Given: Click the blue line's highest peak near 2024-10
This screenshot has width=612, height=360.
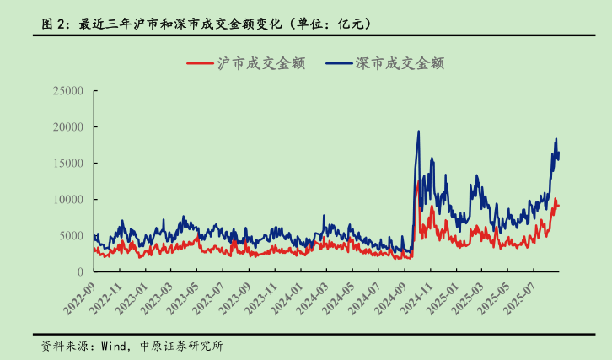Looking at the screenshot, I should (x=419, y=132).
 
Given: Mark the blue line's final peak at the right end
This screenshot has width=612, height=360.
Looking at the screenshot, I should (x=556, y=139).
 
